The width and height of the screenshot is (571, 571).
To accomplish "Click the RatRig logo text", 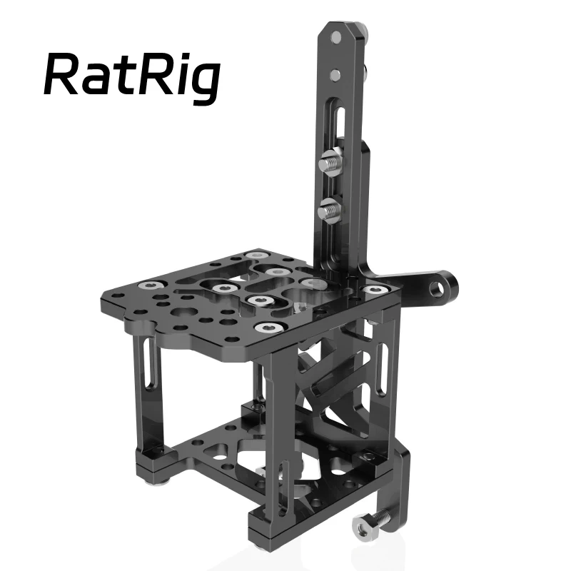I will point(131,74).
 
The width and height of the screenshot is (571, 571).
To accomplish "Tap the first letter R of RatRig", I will point(63,74).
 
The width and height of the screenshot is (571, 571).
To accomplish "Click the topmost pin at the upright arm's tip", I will point(335,39).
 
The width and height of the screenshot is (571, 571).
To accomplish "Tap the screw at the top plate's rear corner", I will point(254,255).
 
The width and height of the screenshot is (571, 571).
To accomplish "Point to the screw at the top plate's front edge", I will point(267,328).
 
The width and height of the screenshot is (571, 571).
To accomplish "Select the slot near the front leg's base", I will point(285,486).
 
